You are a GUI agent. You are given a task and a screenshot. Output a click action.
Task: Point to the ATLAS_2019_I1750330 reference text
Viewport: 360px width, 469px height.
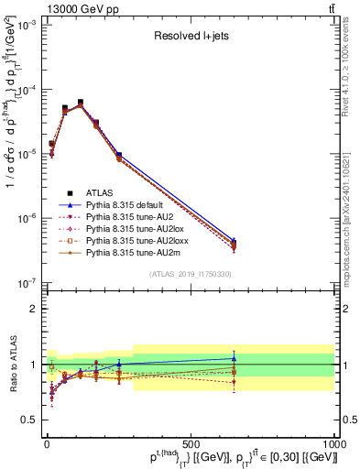190,274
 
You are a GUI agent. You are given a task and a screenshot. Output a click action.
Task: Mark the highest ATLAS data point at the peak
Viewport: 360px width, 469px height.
80,103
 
